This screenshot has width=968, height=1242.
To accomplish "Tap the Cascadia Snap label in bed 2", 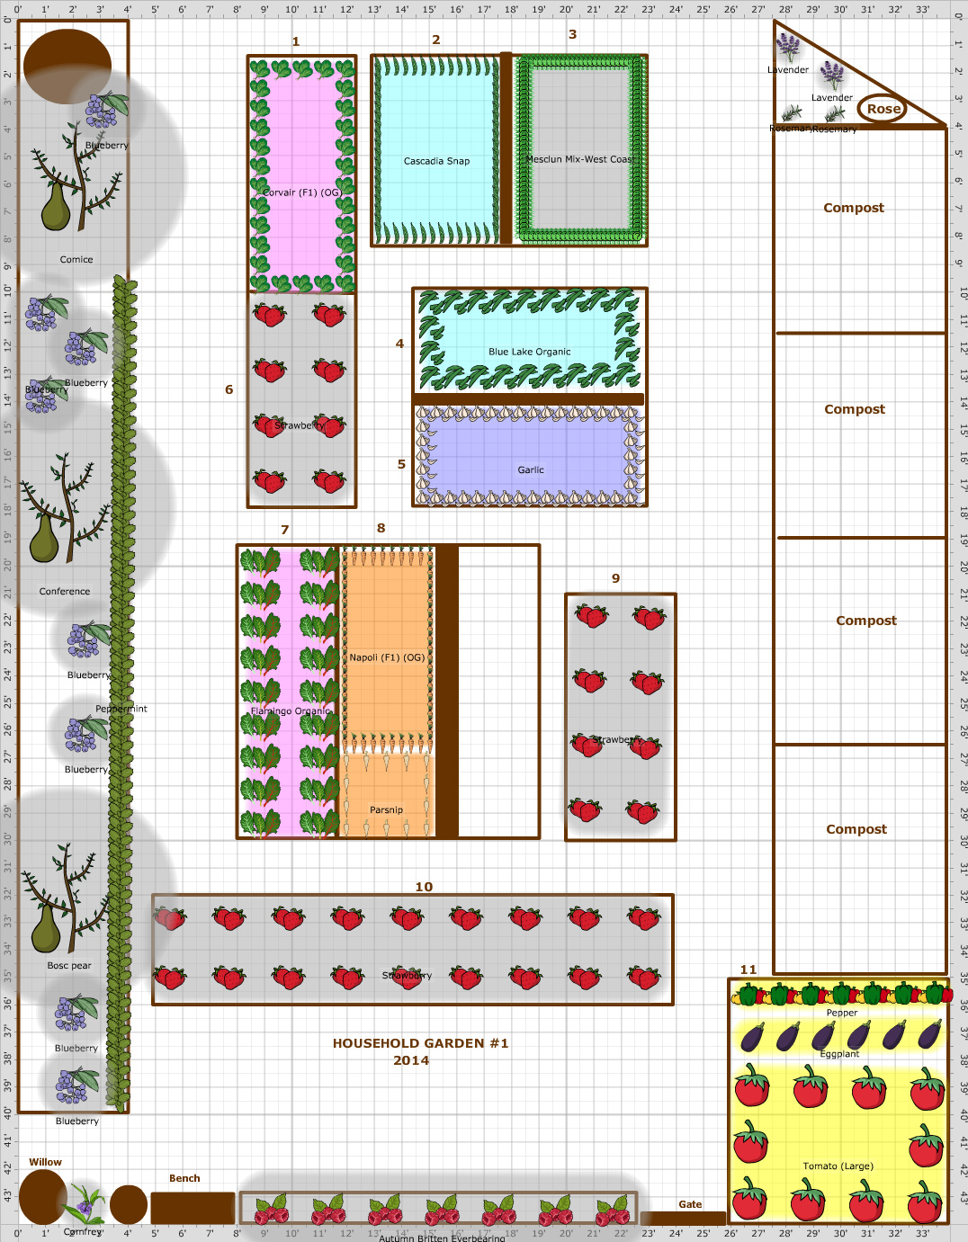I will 436,161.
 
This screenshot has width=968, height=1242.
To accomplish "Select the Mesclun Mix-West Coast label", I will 580,159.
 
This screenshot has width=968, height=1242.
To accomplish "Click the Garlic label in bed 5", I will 531,469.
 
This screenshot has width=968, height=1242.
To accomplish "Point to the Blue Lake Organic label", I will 529,352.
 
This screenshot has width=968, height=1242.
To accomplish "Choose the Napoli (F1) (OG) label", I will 387,657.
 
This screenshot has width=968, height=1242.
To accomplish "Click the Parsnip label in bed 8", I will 386,809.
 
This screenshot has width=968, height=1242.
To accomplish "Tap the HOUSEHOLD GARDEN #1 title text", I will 420,1043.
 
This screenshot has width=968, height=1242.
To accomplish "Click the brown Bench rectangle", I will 193,1208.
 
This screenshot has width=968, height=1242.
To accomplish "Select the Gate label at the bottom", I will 690,1204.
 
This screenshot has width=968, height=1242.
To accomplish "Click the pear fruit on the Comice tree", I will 55,207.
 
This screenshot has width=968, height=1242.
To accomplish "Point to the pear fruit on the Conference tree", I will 44,539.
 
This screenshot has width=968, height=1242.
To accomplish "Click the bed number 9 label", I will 615,578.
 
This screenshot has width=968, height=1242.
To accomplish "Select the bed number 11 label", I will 748,969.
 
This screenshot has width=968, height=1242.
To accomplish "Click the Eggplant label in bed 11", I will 839,1054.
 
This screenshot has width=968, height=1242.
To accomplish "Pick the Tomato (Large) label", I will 838,1166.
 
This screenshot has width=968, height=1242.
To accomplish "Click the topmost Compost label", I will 853,208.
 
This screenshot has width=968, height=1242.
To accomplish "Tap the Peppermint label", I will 121,709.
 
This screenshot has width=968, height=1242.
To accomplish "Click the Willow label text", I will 45,1162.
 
